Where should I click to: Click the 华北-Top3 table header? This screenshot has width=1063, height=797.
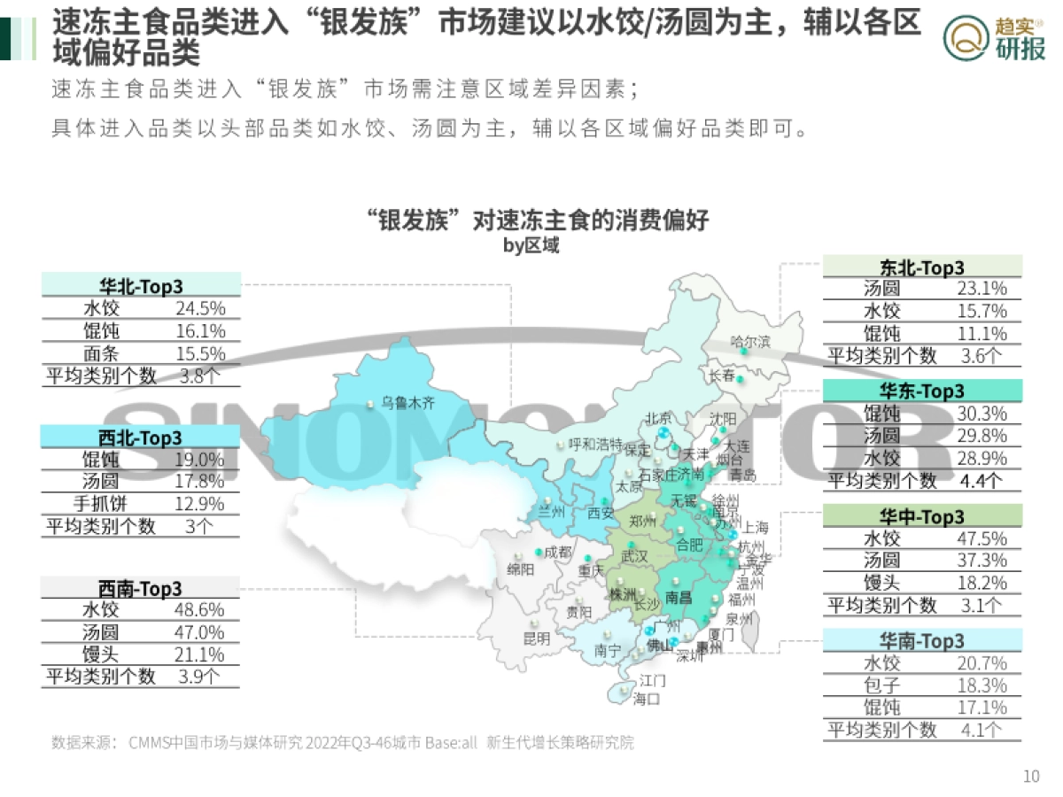(141, 285)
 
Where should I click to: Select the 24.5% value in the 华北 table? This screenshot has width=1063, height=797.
(200, 308)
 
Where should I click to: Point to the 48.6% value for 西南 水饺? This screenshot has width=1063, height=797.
(200, 610)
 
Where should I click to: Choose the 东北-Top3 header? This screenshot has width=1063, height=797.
(922, 267)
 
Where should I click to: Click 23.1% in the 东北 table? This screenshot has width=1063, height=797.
(982, 289)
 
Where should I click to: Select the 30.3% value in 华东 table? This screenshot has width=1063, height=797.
(982, 414)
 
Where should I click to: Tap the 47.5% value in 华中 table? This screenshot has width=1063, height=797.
(982, 538)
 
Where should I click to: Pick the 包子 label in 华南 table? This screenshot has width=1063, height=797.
(881, 685)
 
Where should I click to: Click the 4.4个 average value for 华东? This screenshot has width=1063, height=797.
(982, 481)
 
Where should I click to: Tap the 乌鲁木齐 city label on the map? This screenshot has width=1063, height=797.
(408, 403)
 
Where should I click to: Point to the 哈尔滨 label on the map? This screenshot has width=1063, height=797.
(750, 341)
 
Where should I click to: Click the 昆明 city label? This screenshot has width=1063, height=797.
(536, 638)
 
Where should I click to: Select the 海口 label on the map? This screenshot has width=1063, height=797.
(647, 700)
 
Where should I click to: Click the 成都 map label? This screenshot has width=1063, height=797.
(558, 551)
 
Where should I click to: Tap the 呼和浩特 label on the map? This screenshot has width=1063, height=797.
(595, 444)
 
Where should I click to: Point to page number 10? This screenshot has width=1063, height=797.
(1031, 777)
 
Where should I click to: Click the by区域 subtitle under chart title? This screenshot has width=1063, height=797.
(531, 245)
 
